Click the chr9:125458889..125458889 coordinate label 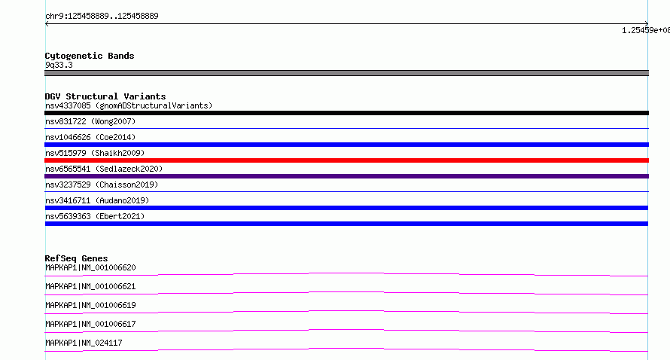tap(102, 17)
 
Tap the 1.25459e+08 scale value tap(646, 30)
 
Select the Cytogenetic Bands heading tap(90, 56)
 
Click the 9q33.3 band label tap(59, 65)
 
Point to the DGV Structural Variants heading tap(105, 96)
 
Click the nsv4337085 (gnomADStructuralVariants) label tap(129, 105)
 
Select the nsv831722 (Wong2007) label tap(90, 121)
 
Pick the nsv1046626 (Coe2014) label tap(90, 137)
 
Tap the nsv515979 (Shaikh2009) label tap(95, 153)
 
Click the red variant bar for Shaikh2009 tap(346, 160)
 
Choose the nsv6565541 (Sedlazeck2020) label tap(104, 169)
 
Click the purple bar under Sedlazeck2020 tap(346, 176)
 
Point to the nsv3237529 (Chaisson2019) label tap(102, 185)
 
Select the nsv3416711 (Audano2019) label tap(97, 200)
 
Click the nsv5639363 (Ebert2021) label tap(95, 216)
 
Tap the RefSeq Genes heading tap(76, 258)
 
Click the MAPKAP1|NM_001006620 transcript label tap(90, 267)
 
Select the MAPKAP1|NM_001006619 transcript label tap(90, 305)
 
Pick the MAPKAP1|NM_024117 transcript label tap(84, 343)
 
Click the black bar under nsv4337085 tap(346, 113)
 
